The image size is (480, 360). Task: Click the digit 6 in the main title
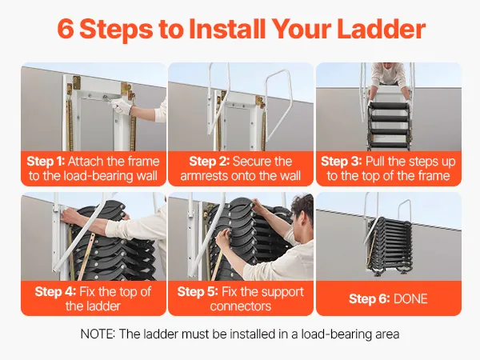[x=66, y=30]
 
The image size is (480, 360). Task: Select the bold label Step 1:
[x=46, y=162]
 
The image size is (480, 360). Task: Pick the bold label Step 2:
[x=209, y=162]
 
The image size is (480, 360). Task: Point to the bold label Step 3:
[x=342, y=162]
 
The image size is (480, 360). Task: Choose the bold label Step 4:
[x=55, y=291]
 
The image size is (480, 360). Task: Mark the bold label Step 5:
[x=198, y=291]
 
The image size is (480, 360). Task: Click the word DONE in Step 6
[x=410, y=298]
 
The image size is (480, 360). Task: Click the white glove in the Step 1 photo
[x=120, y=106]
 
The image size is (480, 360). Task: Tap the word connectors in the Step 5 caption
[x=241, y=306]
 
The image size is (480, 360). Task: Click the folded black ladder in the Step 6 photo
[x=390, y=245]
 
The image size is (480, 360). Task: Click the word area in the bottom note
[x=387, y=334]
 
